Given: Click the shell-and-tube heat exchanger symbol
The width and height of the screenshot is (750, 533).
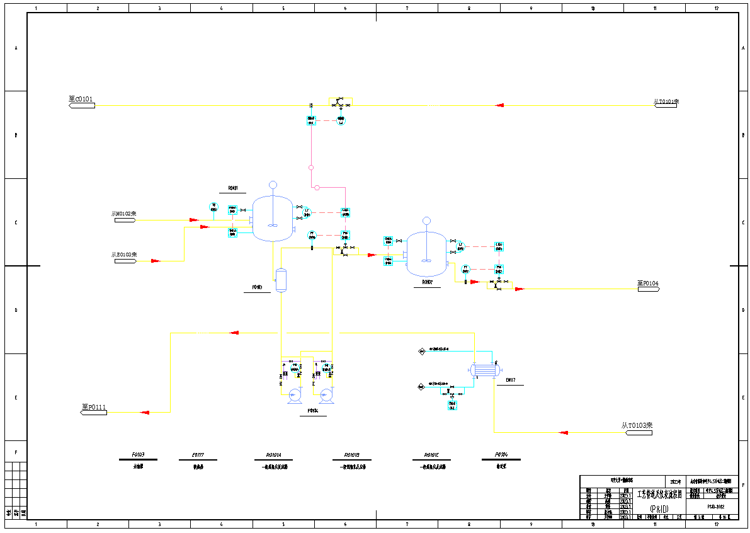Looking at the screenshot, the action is (x=484, y=369).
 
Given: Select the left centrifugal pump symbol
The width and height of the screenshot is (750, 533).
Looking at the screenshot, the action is (x=294, y=395).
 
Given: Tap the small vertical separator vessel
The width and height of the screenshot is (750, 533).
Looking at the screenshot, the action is (x=281, y=279).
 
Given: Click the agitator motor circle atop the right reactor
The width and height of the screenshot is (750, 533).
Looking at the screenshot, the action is (x=426, y=221).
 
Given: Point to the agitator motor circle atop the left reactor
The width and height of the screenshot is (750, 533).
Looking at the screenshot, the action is (x=273, y=185).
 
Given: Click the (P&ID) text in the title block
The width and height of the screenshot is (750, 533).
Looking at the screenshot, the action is (x=659, y=508).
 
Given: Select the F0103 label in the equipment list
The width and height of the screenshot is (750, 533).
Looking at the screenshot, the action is (x=138, y=455).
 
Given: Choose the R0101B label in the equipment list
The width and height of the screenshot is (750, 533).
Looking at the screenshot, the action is (x=351, y=455).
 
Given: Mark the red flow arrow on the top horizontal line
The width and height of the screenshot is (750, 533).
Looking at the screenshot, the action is (x=499, y=105).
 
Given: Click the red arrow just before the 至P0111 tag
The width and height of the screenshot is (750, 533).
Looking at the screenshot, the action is (x=144, y=412).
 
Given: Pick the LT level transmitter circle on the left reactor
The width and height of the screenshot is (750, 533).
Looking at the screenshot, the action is (x=307, y=212).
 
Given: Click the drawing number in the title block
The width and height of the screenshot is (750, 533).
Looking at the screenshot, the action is (x=715, y=506).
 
